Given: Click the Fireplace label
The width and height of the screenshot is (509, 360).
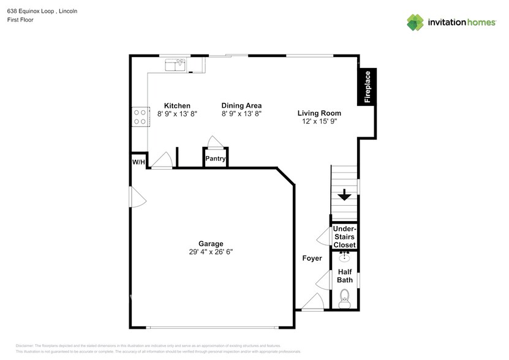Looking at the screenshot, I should pyautogui.click(x=368, y=87).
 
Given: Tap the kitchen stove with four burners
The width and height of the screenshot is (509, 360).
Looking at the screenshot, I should pyautogui.click(x=140, y=116).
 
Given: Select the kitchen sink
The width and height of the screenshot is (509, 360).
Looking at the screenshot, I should pyautogui.click(x=175, y=63).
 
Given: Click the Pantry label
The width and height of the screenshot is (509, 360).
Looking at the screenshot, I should pyautogui.click(x=215, y=159).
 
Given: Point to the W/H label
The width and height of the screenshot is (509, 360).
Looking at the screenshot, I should pyautogui.click(x=138, y=162).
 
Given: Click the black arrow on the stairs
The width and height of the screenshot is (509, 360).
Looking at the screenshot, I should pyautogui.click(x=344, y=195).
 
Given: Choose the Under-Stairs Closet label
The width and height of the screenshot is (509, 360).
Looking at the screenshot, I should pyautogui.click(x=344, y=236).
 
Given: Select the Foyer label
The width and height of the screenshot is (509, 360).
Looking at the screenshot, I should pyautogui.click(x=312, y=258).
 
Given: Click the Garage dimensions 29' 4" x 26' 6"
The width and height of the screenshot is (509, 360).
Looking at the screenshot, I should pyautogui.click(x=211, y=252).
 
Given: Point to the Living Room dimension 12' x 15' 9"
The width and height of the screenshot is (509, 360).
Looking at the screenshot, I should pyautogui.click(x=319, y=122).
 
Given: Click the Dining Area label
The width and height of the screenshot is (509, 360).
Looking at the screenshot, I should pyautogui.click(x=241, y=105).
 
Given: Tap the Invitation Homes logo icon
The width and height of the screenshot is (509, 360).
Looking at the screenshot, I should pyautogui.click(x=415, y=22).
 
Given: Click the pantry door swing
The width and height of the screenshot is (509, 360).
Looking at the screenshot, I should pyautogui.click(x=214, y=141).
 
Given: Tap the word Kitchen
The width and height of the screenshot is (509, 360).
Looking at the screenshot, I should pyautogui.click(x=177, y=105).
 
